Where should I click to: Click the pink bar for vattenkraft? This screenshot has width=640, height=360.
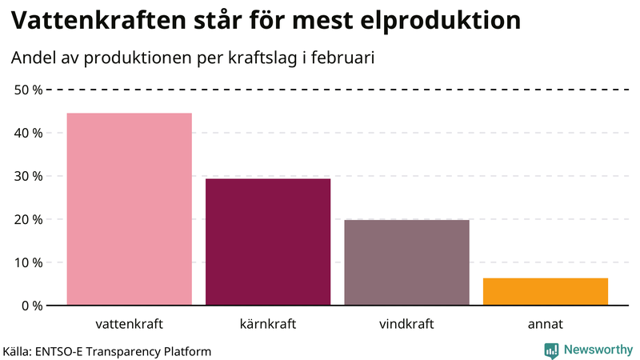pyautogui.click(x=129, y=209)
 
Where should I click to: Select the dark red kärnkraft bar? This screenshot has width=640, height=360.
pyautogui.click(x=268, y=242)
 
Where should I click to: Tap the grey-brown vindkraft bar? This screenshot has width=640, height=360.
pyautogui.click(x=406, y=262)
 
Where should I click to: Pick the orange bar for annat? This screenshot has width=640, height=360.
pyautogui.click(x=546, y=291)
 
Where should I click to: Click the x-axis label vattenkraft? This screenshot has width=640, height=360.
pyautogui.click(x=130, y=325)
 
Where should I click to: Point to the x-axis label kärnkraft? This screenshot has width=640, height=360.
pyautogui.click(x=268, y=325)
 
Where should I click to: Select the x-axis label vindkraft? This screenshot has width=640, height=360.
pyautogui.click(x=406, y=325)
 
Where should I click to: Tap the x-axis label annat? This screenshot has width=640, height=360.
pyautogui.click(x=546, y=325)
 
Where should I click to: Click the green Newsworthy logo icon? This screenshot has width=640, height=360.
pyautogui.click(x=552, y=350)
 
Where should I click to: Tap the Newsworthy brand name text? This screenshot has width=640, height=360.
pyautogui.click(x=598, y=350)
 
